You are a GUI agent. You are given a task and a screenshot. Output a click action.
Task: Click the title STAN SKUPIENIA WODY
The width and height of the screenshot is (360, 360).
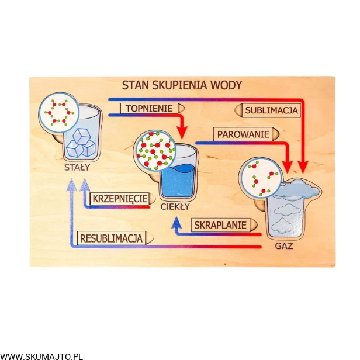(x=181, y=85)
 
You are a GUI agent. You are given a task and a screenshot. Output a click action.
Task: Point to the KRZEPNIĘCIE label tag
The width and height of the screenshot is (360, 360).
(x=119, y=199)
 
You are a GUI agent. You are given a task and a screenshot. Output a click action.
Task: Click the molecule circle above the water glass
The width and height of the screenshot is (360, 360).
(x=155, y=151)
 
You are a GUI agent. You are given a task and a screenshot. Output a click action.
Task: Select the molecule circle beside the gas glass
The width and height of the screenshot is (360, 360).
(x=259, y=178)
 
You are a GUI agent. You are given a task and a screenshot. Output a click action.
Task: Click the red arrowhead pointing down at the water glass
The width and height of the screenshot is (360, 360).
(x=181, y=130)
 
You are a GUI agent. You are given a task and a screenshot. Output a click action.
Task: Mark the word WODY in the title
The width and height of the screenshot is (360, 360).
(x=226, y=85)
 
